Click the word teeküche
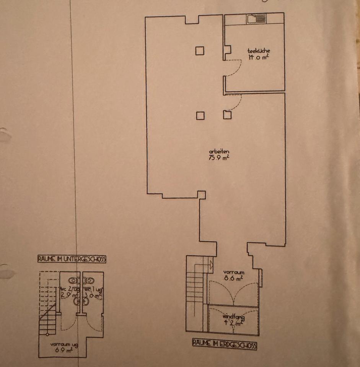tap(256, 51)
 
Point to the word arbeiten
tap(217, 152)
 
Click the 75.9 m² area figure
tap(217, 158)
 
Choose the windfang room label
tap(233, 317)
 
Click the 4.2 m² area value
tap(233, 323)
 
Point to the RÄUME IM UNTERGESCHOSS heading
tap(72, 259)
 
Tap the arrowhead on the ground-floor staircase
tap(211, 263)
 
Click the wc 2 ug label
tap(70, 289)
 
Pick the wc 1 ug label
tap(93, 289)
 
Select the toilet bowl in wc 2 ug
tap(76, 301)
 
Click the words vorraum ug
tap(64, 344)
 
